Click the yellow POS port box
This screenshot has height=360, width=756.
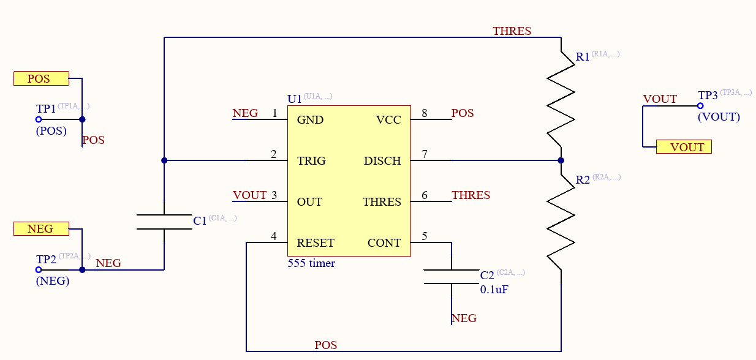(x=41, y=78)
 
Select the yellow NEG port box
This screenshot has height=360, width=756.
(x=41, y=228)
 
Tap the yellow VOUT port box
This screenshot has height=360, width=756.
(x=684, y=147)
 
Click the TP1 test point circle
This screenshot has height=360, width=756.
(x=39, y=120)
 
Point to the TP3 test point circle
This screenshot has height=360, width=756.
(x=700, y=106)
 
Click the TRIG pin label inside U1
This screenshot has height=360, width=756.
(x=311, y=161)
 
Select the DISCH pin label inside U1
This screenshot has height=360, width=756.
(x=382, y=161)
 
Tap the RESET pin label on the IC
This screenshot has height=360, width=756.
(x=316, y=243)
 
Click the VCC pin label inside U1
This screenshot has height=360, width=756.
(x=388, y=120)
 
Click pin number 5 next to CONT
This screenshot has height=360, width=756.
(x=425, y=236)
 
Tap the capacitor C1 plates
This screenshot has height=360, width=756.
(x=164, y=222)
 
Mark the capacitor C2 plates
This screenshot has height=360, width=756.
(x=452, y=276)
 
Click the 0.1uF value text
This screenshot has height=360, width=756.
(x=494, y=290)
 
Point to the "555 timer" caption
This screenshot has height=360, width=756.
(x=311, y=263)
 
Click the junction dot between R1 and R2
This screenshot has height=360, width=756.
(x=561, y=160)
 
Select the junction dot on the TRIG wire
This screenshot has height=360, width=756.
(x=164, y=160)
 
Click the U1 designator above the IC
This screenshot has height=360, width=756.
(x=294, y=99)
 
